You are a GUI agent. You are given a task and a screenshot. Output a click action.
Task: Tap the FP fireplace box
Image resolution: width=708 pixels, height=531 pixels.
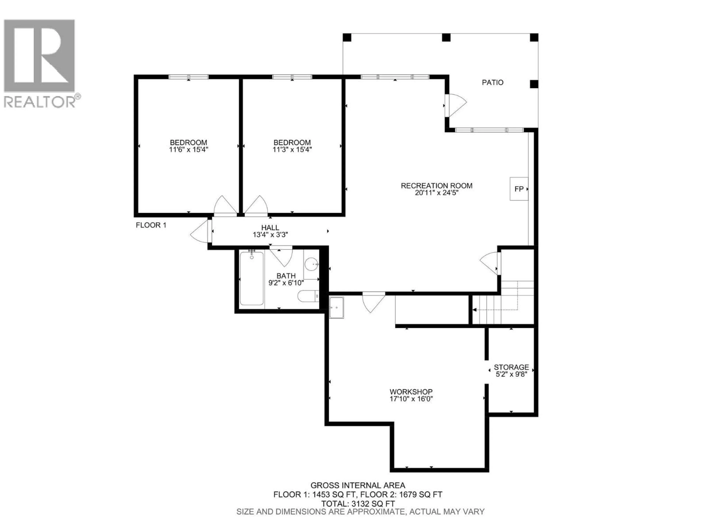click(518, 189)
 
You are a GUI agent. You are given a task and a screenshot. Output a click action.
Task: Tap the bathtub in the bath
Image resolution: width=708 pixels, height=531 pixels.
click(251, 278)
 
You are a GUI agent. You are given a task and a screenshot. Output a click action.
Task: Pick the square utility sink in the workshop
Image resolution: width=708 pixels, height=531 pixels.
click(336, 308)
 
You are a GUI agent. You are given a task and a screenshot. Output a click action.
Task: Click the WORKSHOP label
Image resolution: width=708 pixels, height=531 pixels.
click(411, 392)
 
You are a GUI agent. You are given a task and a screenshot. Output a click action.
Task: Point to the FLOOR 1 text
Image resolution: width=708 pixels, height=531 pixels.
click(151, 225)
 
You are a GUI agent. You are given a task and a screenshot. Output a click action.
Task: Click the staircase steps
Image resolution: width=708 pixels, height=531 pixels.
click(487, 310)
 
